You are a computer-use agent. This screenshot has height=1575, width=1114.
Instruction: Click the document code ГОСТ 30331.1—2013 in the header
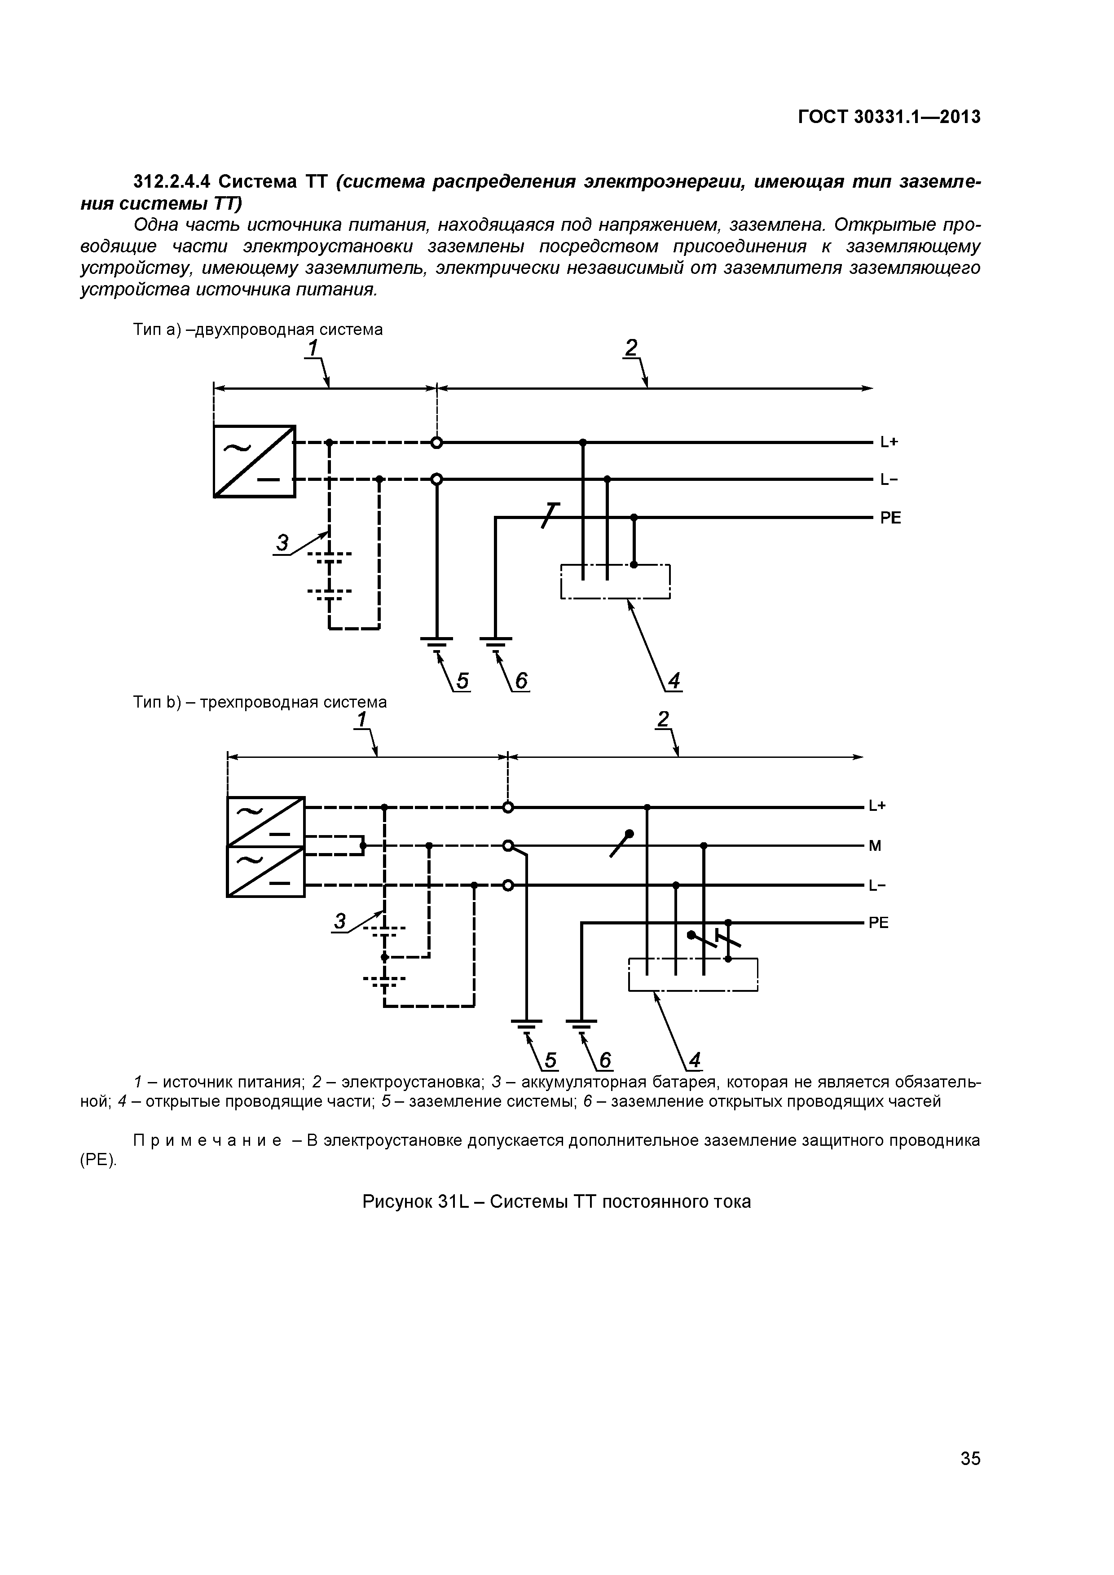(x=889, y=117)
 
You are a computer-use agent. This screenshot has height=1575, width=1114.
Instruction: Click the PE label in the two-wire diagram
(x=890, y=518)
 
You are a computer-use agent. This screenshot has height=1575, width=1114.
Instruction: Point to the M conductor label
(x=875, y=846)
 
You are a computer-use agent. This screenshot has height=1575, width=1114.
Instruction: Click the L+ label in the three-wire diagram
(x=877, y=806)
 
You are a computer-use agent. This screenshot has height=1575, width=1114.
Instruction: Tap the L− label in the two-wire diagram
(x=889, y=480)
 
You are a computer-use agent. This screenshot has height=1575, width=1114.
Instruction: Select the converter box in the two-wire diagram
(x=255, y=461)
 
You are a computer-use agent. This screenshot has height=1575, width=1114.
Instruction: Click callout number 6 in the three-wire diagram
(x=604, y=1061)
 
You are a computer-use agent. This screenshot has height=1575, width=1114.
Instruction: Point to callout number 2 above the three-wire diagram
(x=663, y=719)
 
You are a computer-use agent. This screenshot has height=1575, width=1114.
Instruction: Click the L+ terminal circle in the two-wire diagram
(x=436, y=442)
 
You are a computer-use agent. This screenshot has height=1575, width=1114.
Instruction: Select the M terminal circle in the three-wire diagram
(x=508, y=846)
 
